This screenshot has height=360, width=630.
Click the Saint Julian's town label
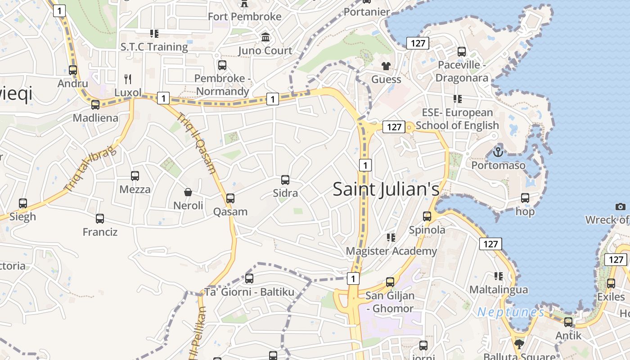[386, 189]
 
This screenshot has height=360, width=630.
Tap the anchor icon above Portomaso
[498, 152]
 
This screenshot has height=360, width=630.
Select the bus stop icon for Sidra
[285, 180]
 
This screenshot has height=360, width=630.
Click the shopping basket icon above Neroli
[188, 192]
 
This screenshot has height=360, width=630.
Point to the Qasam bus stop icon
[230, 198]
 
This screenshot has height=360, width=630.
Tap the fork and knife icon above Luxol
[128, 79]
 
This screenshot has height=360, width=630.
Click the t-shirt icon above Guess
[386, 66]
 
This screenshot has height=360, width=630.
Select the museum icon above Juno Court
[265, 37]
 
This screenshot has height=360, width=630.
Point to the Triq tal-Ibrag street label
[90, 169]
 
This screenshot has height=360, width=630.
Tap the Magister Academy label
[391, 251]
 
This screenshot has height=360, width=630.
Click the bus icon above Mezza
[135, 176]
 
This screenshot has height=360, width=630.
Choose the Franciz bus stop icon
[100, 219]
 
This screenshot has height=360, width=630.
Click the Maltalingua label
[498, 289]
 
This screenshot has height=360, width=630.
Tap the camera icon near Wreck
[621, 207]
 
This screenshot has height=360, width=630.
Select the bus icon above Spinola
[427, 216]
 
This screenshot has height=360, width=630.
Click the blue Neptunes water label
[511, 312]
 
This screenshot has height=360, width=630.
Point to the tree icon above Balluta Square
[519, 344]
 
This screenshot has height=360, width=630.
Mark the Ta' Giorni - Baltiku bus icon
[249, 279]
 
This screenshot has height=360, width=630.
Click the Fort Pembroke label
[244, 17]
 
